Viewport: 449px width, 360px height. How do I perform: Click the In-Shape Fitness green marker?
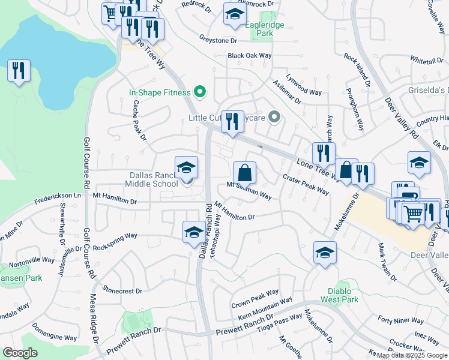tap(201, 92)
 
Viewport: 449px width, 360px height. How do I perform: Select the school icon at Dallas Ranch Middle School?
tap(186, 167)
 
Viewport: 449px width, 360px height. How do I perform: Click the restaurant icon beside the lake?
tap(19, 71)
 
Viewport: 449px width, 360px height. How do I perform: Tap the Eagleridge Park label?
tap(265, 29)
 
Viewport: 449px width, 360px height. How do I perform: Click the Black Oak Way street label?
tap(250, 56)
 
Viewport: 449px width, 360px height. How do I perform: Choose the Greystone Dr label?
tap(218, 41)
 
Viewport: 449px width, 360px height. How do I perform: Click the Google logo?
tap(20, 353)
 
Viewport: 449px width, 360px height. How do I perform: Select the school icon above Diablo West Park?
tap(325, 252)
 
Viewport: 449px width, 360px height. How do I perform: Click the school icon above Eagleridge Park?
tap(235, 14)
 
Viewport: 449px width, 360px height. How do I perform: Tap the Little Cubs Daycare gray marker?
tap(275, 118)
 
